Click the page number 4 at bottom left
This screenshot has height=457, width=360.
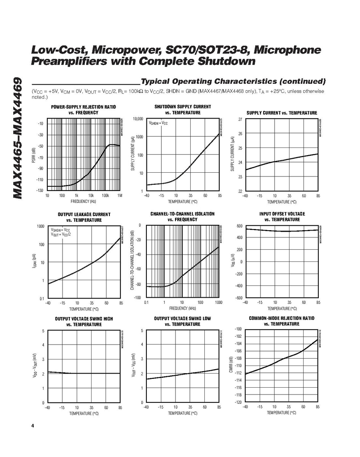coord(33,426)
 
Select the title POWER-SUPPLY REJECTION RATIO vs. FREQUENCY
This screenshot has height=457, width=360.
coord(83,110)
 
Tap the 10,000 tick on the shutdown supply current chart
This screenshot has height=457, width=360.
coord(138,119)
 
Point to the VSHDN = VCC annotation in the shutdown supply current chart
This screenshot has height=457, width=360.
coord(158,123)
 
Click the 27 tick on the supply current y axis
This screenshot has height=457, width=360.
coord(240,119)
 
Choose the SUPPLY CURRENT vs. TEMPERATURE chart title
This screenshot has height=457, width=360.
coord(281,113)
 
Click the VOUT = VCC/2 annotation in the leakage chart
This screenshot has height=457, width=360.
coord(61,234)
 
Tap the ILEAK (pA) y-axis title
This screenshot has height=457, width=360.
coord(35,262)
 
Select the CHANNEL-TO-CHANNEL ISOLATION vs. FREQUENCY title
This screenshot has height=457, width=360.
coord(182,216)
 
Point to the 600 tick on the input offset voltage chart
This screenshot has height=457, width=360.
coord(239,226)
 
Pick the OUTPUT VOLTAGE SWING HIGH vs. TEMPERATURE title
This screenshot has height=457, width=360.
coord(84,321)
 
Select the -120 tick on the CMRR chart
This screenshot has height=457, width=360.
coord(238,402)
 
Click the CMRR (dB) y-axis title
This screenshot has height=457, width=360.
coord(231,365)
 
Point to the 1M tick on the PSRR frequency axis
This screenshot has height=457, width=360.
coord(120,196)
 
